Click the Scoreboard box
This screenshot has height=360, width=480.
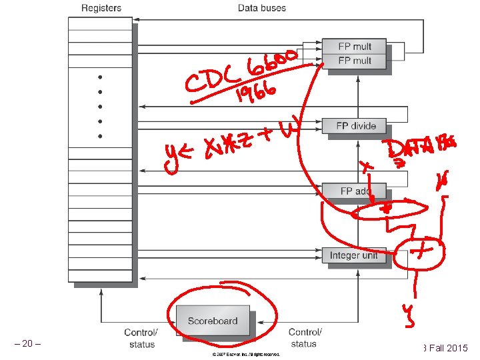[212, 321]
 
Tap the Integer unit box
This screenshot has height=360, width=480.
[353, 255]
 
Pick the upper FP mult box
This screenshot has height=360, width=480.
[354, 46]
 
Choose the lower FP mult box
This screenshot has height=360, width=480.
[354, 60]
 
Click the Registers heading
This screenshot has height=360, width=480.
[101, 8]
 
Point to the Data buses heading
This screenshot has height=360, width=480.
[262, 8]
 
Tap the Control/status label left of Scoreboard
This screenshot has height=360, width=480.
[141, 338]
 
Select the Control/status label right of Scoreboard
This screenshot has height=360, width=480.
[304, 338]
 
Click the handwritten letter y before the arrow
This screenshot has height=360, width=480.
[172, 159]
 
